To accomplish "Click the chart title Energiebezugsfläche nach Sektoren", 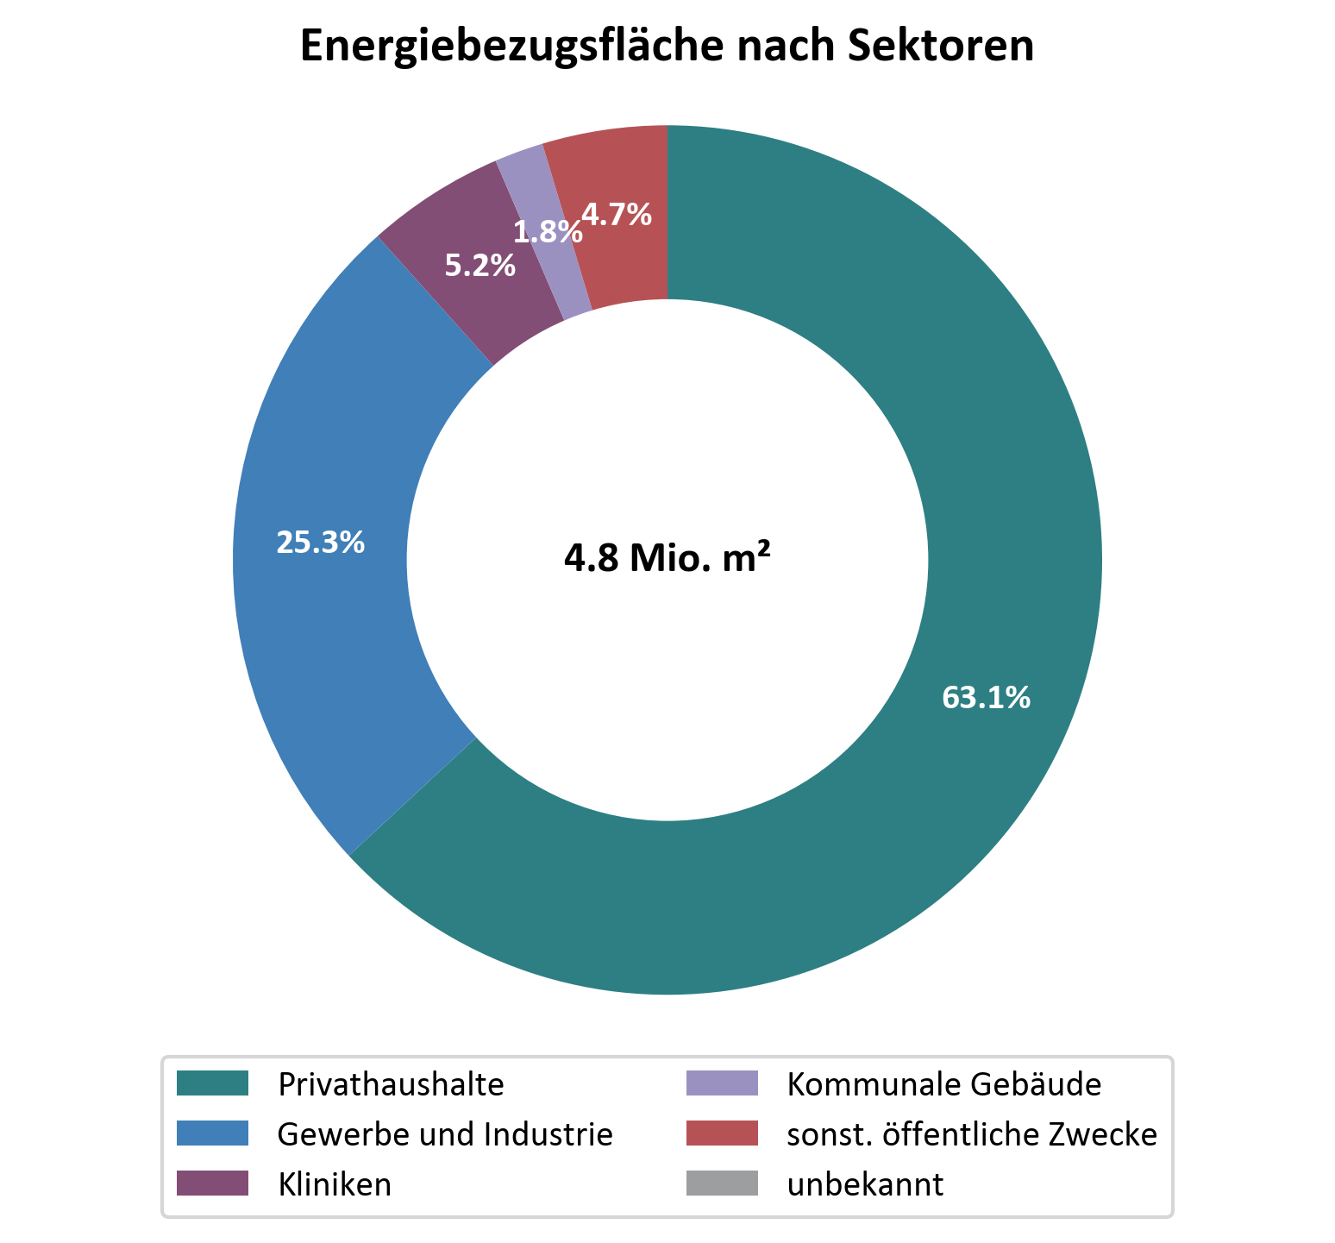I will tap(667, 47).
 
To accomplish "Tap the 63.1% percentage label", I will tap(986, 697).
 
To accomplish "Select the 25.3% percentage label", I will tap(320, 542).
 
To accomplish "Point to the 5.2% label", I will tap(479, 266).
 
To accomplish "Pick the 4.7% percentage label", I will tap(617, 214).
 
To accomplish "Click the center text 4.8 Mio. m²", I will tap(667, 559).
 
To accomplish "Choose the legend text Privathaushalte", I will tap(391, 1083).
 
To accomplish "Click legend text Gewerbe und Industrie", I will tap(445, 1134).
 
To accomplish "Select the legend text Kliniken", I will tap(335, 1184).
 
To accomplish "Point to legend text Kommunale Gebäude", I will tap(944, 1083).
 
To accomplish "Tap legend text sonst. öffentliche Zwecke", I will tap(972, 1134).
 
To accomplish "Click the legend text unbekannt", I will tap(865, 1184).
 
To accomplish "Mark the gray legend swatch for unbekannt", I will tap(722, 1183).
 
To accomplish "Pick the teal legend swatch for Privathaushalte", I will tap(212, 1083).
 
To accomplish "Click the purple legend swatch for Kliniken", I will tap(212, 1183).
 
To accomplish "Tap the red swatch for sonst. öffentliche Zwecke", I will tap(722, 1133).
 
